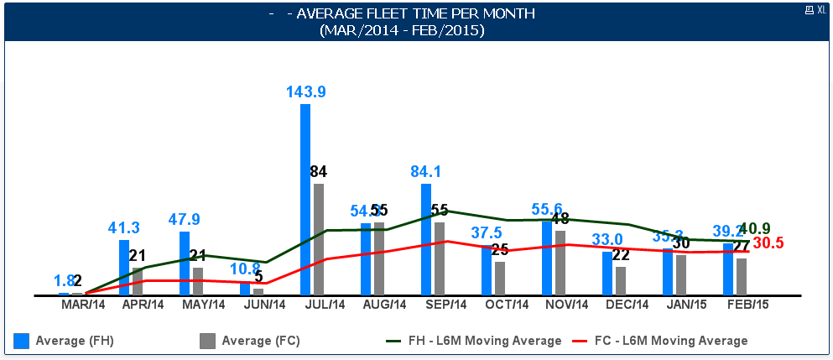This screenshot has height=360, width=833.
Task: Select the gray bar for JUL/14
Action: tap(319, 240)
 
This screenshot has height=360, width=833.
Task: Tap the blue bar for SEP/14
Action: tap(426, 240)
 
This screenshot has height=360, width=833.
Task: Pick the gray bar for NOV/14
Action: tap(560, 263)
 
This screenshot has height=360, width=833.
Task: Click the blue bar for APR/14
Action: tap(124, 268)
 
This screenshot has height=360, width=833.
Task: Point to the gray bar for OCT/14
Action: tap(500, 279)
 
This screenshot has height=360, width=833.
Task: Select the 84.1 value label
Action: tap(426, 172)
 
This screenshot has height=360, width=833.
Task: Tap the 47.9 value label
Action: tap(185, 220)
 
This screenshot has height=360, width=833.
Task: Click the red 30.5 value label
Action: tap(768, 243)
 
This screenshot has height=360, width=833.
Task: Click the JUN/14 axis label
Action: tap(264, 305)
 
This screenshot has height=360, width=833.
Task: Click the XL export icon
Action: tap(815, 9)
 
